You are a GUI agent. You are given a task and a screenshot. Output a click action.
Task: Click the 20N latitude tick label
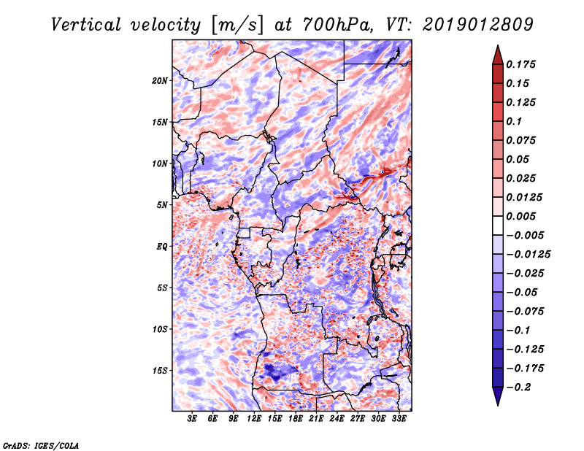point(160,81)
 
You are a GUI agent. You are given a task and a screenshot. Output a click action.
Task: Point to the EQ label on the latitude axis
point(162,247)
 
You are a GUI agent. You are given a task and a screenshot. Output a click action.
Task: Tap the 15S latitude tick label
point(160,371)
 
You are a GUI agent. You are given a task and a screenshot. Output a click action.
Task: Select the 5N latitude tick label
point(162,205)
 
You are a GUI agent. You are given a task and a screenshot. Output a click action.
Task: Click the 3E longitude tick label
point(192,419)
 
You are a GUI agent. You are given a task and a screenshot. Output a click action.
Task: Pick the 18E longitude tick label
point(296,419)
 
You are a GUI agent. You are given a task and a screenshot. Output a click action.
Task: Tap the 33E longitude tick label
point(399,419)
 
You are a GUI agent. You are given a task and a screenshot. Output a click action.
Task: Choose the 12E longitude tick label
point(254,419)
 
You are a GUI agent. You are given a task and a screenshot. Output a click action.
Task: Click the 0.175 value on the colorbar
point(520,64)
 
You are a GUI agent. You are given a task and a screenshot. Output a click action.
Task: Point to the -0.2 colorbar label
point(518,388)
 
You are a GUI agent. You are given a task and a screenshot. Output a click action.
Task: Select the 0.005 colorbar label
point(520,216)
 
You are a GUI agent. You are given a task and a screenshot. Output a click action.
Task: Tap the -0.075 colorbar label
point(525,312)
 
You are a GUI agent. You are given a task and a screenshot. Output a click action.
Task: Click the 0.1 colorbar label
point(514,121)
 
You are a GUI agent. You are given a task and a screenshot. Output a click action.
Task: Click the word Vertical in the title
point(86,25)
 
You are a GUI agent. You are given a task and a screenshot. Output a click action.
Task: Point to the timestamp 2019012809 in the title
point(478,25)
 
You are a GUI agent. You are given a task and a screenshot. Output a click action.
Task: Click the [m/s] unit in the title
point(237,26)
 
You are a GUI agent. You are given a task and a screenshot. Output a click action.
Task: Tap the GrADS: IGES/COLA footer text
point(41,446)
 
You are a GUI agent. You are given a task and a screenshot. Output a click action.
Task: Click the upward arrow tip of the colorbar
point(498,45)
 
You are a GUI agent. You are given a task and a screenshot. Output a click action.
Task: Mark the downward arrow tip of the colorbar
point(498,405)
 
